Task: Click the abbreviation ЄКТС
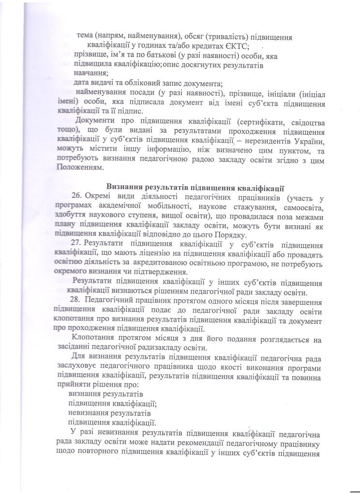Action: point(235,46)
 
